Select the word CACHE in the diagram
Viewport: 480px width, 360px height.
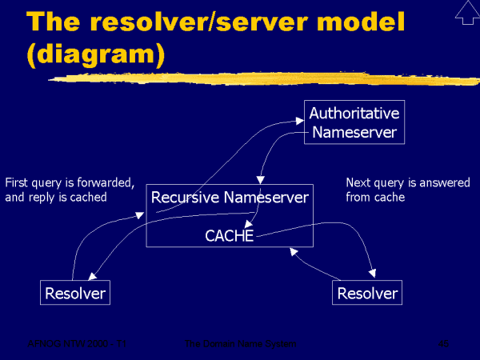229,236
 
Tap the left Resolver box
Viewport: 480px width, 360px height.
74,294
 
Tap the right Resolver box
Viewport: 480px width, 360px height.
367,294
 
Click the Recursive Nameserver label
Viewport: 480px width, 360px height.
230,197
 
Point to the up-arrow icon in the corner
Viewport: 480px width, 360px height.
465,14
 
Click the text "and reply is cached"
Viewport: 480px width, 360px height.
56,197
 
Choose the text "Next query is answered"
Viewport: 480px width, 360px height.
397,182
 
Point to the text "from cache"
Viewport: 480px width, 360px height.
374,197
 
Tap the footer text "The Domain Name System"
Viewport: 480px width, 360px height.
240,343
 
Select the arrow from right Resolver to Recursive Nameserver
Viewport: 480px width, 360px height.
316,268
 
